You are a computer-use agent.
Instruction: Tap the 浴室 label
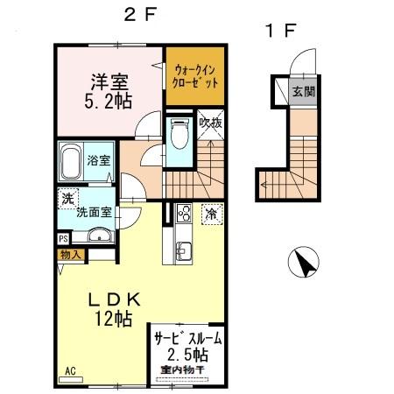100,160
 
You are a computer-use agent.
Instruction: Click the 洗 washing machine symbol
67,200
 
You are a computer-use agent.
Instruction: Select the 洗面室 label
93,212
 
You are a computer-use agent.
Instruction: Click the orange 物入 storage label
72,255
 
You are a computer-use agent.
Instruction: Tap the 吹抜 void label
210,123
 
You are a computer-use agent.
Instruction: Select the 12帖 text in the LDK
109,320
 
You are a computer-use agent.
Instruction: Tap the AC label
68,370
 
